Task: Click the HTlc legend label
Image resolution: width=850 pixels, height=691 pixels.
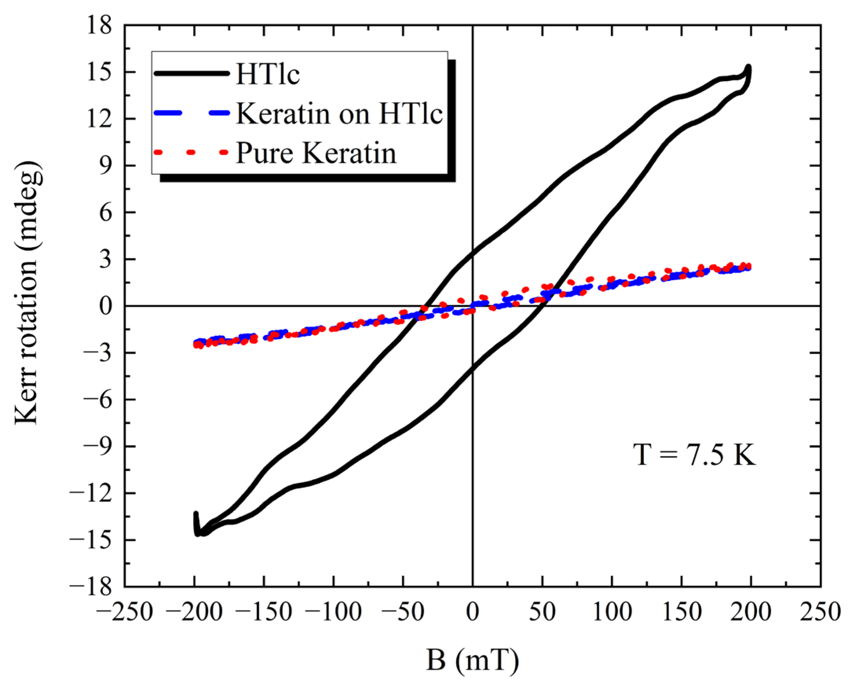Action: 267,74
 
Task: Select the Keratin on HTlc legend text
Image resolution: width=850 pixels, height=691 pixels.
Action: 339,113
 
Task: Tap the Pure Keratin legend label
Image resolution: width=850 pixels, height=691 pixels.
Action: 316,153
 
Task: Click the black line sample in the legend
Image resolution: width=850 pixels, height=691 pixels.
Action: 192,73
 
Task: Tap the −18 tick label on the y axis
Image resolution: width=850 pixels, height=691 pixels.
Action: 91,587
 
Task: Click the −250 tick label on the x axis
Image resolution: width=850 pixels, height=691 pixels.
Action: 125,612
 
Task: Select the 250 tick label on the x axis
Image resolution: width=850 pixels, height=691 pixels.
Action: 820,612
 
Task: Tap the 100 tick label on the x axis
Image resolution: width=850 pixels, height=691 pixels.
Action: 612,612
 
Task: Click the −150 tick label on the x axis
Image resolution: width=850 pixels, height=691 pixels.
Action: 264,612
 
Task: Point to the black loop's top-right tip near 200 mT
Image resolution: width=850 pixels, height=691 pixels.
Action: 749,68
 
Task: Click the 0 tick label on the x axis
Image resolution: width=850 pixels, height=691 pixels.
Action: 472,612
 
